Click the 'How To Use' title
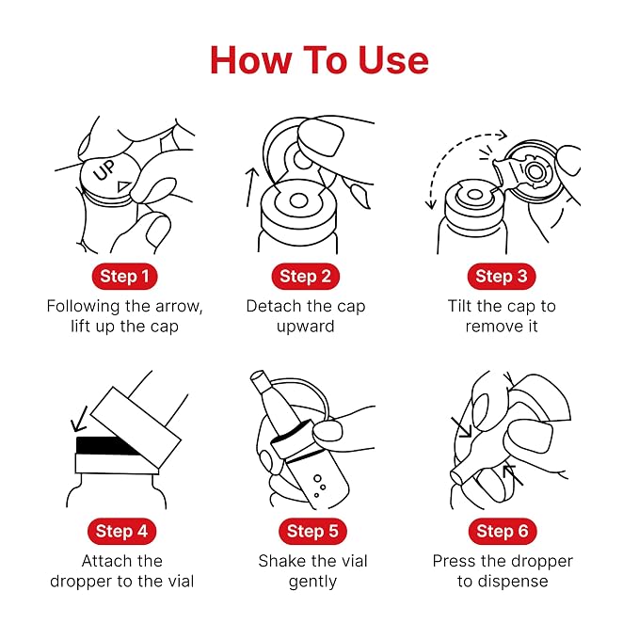pyautogui.click(x=319, y=60)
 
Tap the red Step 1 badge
pyautogui.click(x=125, y=277)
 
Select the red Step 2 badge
pyautogui.click(x=305, y=277)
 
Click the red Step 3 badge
pyautogui.click(x=502, y=277)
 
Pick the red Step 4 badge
pyautogui.click(x=121, y=532)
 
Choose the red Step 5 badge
pyautogui.click(x=312, y=532)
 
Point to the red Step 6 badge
pyautogui.click(x=503, y=532)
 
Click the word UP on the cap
pyautogui.click(x=104, y=170)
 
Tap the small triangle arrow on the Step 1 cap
pyautogui.click(x=124, y=185)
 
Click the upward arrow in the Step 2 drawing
pyautogui.click(x=252, y=187)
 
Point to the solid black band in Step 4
pyautogui.click(x=106, y=446)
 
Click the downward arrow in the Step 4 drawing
pyautogui.click(x=80, y=419)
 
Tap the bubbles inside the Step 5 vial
pyautogui.click(x=319, y=486)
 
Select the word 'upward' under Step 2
pyautogui.click(x=305, y=327)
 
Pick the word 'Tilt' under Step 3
pyautogui.click(x=459, y=306)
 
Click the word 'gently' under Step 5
pyautogui.click(x=312, y=582)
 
